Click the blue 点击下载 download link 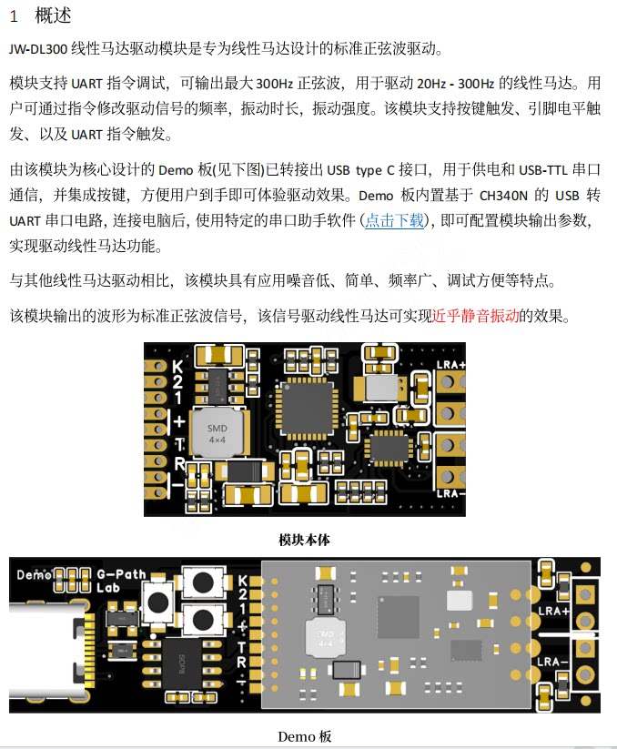click(394, 220)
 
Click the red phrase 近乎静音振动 click(475, 316)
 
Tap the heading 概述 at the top click(53, 15)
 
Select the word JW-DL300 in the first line click(38, 49)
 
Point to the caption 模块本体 click(304, 540)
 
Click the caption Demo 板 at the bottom click(304, 736)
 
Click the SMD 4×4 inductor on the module click(218, 433)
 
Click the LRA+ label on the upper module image click(450, 365)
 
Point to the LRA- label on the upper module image click(450, 493)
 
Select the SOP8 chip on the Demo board click(182, 664)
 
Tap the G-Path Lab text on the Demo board click(121, 581)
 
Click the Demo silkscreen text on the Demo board click(34, 574)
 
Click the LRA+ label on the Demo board click(553, 611)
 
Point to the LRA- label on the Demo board click(552, 662)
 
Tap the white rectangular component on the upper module click(381, 389)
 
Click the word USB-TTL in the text click(543, 170)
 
